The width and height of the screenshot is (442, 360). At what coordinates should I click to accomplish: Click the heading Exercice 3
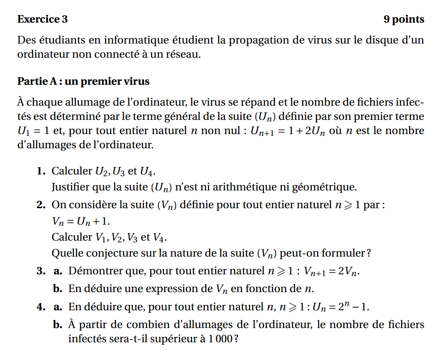(x=43, y=20)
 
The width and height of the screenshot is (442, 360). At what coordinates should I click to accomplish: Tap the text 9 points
(x=403, y=20)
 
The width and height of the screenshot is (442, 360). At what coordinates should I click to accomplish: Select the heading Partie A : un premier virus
(x=84, y=82)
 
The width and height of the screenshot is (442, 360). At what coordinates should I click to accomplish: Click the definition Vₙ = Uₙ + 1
(x=80, y=221)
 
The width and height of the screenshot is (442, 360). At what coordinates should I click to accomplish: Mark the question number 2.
(x=41, y=205)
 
